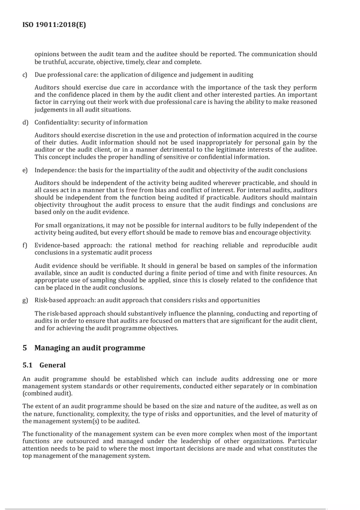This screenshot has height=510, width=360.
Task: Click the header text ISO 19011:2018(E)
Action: coord(54,25)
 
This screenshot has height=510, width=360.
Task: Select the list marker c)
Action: coord(25,75)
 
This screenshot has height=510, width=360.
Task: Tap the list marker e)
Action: coord(25,170)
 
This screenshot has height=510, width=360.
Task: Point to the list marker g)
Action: coord(25,300)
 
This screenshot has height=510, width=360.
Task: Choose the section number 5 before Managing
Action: coord(25,348)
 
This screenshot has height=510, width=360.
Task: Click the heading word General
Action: coord(52,365)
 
